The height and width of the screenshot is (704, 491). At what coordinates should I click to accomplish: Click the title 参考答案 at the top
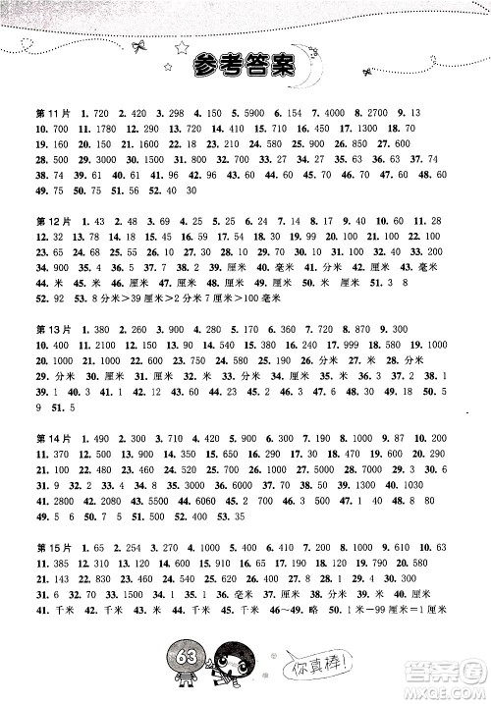(245, 67)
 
